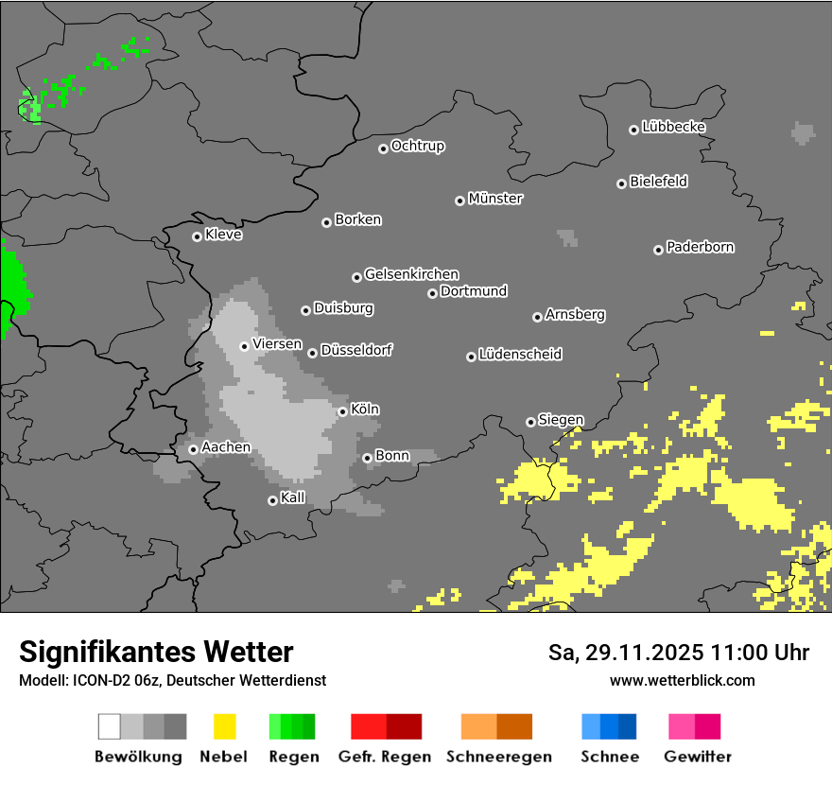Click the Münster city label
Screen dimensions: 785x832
pos(495,199)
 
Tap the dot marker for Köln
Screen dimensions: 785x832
pos(342,411)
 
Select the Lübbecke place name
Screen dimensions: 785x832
pos(673,127)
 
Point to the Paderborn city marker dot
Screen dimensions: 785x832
pos(658,250)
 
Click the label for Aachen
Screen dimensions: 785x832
pos(226,447)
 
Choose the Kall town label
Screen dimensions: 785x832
pos(293,497)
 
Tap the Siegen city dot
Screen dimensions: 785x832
pos(530,422)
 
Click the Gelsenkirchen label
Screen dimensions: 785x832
pos(411,274)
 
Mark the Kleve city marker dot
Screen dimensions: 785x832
pos(197,236)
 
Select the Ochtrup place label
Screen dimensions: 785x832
pos(418,146)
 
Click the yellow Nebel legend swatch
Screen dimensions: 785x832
pos(224,726)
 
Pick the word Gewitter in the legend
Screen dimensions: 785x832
pos(697,757)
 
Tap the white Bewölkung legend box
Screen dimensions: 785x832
pos(110,726)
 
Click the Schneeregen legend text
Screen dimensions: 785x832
pos(498,757)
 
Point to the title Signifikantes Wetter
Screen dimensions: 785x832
pos(156,652)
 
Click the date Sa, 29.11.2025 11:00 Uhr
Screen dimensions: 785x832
pos(678,653)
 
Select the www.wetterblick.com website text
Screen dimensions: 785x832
pos(682,680)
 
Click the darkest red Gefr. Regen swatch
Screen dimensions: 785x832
pos(404,726)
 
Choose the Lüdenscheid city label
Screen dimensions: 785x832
pos(520,354)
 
